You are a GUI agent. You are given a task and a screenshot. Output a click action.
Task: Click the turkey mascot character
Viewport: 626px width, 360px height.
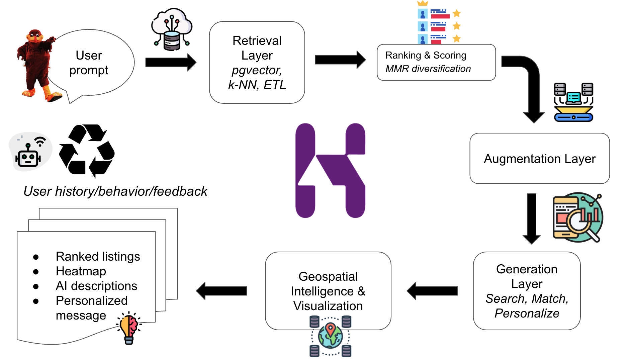point(37,65)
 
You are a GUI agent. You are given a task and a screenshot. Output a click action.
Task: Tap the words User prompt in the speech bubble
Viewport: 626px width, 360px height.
point(89,63)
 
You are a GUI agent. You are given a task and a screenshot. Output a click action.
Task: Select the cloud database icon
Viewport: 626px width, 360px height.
point(172,29)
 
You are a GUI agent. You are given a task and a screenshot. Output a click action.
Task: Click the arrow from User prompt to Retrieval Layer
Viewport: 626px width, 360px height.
point(171,62)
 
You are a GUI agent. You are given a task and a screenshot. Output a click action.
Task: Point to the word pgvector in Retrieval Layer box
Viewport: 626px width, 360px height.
point(257,70)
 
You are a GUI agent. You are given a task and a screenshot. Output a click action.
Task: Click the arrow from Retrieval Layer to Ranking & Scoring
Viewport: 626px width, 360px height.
point(340,60)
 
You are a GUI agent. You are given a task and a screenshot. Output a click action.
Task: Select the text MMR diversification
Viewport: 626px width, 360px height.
point(428,69)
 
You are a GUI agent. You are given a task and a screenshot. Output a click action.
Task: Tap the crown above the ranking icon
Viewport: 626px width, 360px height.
point(423,3)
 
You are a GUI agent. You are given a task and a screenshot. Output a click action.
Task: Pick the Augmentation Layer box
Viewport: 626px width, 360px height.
point(539,158)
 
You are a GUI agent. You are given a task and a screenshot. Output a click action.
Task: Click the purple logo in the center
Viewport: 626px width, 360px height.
point(330,171)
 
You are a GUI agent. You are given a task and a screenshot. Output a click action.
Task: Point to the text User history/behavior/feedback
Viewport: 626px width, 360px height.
point(115,191)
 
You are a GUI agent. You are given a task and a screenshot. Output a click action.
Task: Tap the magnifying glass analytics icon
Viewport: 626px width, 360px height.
point(577,217)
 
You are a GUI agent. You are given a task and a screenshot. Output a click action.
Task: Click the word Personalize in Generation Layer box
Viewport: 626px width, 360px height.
point(527,313)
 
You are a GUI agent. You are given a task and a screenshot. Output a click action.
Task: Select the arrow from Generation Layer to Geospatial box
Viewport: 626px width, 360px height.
point(432,291)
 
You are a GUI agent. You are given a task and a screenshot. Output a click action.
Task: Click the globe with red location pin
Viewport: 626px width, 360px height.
point(330,336)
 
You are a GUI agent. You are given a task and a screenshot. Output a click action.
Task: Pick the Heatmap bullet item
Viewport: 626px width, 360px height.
point(81,271)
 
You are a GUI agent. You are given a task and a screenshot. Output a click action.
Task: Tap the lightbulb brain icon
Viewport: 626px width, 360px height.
point(129,328)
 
